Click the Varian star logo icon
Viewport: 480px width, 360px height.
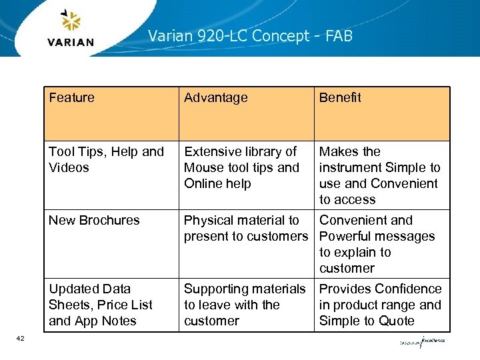(70, 21)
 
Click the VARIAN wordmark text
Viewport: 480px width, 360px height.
(71, 43)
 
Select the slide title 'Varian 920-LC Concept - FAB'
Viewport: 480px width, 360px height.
(250, 36)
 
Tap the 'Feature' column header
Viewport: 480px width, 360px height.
(71, 98)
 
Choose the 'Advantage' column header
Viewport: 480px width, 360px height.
(215, 98)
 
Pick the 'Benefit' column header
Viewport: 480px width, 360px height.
(340, 98)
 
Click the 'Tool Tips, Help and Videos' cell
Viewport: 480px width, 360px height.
(106, 160)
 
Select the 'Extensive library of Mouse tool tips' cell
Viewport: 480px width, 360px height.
(241, 168)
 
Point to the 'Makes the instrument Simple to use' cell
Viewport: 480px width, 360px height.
(379, 175)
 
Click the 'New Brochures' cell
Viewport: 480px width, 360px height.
(94, 221)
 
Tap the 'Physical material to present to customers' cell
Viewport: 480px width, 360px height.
(245, 228)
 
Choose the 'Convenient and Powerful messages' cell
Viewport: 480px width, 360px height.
(377, 244)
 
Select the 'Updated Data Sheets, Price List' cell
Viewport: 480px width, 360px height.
(100, 305)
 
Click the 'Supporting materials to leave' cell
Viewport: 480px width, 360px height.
(244, 305)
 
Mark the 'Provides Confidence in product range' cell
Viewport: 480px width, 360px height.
(380, 305)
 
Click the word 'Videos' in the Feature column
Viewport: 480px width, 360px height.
(69, 168)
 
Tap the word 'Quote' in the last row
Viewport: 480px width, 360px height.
(397, 321)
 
